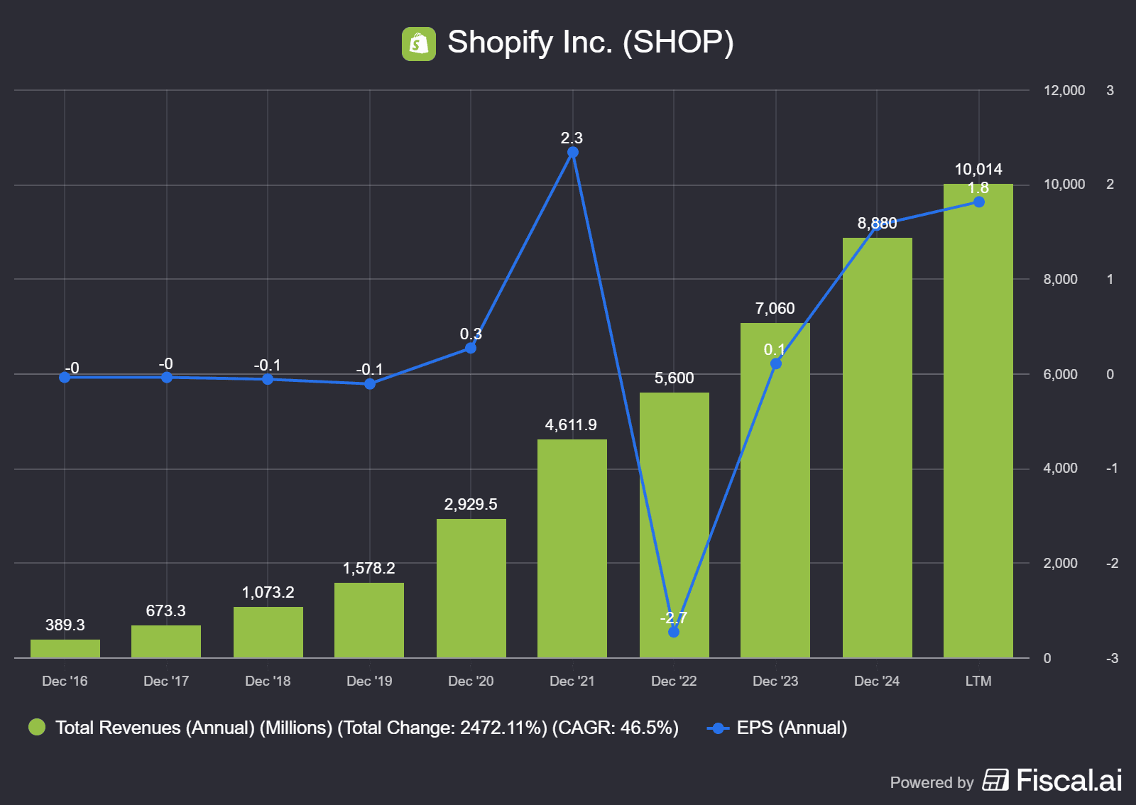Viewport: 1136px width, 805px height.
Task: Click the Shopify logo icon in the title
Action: pos(419,44)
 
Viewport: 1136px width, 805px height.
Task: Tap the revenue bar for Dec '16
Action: pos(65,648)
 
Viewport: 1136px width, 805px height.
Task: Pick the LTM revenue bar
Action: pos(978,426)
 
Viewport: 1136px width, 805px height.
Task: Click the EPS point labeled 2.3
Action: pos(573,153)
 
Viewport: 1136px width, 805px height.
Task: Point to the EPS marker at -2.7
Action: pos(674,632)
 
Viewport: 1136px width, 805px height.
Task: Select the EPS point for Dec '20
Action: pos(471,348)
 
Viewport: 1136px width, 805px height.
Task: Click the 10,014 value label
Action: pos(978,169)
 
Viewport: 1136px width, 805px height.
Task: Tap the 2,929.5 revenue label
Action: pos(471,504)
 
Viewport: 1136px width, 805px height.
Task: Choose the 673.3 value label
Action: pos(165,610)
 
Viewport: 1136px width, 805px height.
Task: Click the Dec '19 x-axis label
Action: pos(369,681)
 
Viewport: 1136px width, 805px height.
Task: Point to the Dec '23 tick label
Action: pos(775,681)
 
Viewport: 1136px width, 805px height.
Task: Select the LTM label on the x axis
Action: pos(978,681)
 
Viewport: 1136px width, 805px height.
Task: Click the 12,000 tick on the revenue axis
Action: pos(1064,90)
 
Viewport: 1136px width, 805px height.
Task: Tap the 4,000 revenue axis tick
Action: pos(1060,469)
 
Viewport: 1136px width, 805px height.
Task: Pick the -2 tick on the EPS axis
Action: pos(1112,563)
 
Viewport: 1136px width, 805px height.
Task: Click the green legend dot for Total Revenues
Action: pos(37,727)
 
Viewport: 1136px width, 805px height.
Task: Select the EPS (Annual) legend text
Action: pos(792,728)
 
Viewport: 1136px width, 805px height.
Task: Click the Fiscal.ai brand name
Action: pos(1069,780)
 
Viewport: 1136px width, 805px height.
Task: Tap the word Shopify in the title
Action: pos(500,43)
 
